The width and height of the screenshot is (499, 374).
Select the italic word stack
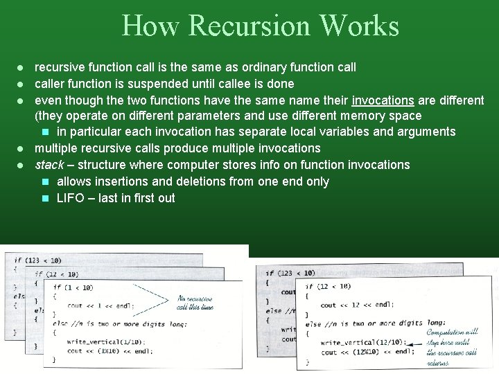pyautogui.click(x=49, y=165)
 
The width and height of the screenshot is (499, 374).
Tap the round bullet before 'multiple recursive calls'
pyautogui.click(x=21, y=148)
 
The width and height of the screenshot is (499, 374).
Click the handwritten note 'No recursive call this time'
pyautogui.click(x=195, y=302)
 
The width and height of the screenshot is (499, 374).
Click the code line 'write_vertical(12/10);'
pyautogui.click(x=360, y=343)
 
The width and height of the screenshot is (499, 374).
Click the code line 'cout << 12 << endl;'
pyautogui.click(x=356, y=305)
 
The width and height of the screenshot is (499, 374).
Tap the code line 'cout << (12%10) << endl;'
pyautogui.click(x=362, y=353)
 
